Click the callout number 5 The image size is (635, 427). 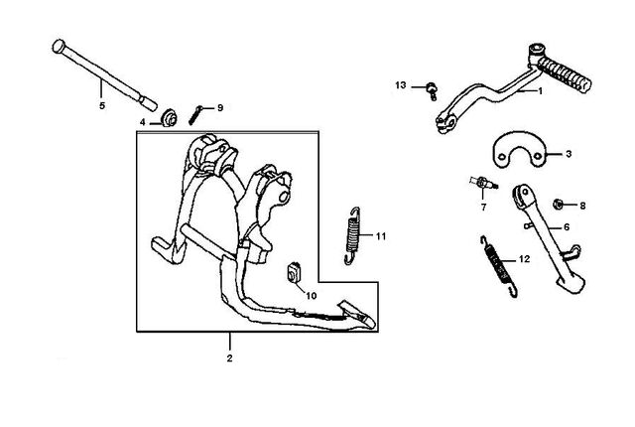[x=102, y=105]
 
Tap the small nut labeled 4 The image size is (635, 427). [x=170, y=119]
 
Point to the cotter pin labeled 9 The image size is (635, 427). [x=195, y=115]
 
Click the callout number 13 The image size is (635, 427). [x=401, y=85]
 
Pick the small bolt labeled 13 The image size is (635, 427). [x=432, y=90]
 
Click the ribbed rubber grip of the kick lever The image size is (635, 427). [x=566, y=73]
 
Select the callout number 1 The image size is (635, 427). [x=540, y=91]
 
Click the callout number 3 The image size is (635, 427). [x=569, y=154]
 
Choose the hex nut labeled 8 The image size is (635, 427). [x=558, y=205]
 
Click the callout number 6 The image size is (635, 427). [x=567, y=227]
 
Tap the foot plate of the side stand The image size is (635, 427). [x=571, y=281]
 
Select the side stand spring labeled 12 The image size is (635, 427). [x=498, y=266]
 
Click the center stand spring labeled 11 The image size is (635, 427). [x=352, y=235]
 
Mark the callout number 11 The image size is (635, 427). [x=381, y=236]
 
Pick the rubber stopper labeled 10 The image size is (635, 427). [x=294, y=272]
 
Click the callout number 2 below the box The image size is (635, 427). [x=229, y=358]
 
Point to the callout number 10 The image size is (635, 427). [x=311, y=296]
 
